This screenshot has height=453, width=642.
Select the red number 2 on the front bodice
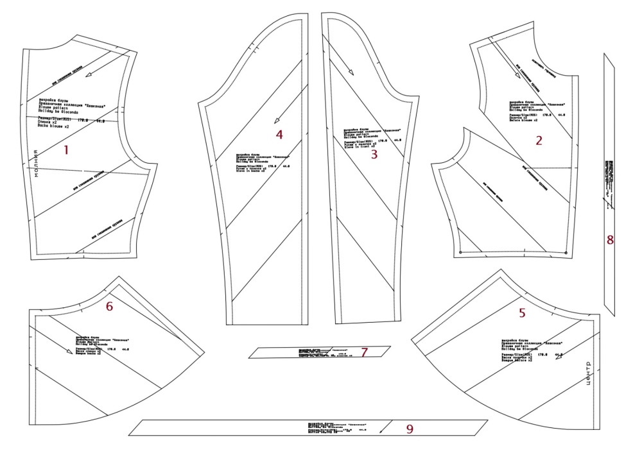coord(539,141)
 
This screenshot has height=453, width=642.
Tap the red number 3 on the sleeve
coord(374,154)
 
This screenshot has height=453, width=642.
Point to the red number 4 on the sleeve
coord(279,134)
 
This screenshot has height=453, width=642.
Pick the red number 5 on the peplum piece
coord(522,314)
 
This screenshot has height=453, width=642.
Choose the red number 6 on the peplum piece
coord(109,307)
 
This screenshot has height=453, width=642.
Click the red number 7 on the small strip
coord(363,352)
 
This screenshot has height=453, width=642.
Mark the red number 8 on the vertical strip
coord(610,240)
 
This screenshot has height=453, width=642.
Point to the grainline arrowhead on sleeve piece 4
coord(275,123)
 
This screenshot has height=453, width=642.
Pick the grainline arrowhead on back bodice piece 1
coord(89,74)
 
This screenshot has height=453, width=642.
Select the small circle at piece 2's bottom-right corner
coord(566,253)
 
